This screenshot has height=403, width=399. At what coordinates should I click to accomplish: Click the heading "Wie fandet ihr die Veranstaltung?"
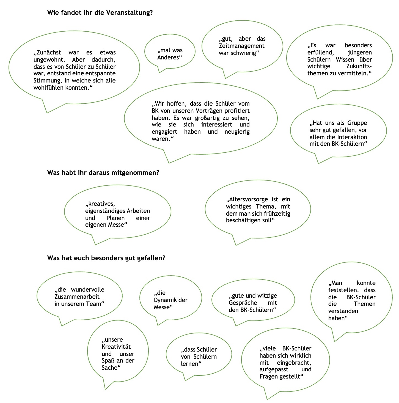pos(100,13)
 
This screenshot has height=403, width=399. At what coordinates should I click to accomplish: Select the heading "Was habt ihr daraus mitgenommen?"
pos(103,173)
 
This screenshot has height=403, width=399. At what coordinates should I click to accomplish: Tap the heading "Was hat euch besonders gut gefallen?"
pos(106,258)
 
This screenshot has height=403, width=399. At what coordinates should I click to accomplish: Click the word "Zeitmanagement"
pos(241,46)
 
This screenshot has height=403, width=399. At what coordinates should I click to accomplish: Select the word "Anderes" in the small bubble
pos(168,57)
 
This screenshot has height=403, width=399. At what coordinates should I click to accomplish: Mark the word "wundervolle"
pos(87,289)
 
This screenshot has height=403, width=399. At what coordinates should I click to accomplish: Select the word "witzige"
pos(267,296)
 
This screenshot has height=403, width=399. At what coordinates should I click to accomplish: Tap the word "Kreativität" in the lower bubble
pos(116,347)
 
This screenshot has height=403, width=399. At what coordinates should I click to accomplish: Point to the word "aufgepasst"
pos(274,369)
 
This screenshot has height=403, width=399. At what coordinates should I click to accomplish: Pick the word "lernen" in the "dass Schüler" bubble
pos(189,364)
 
